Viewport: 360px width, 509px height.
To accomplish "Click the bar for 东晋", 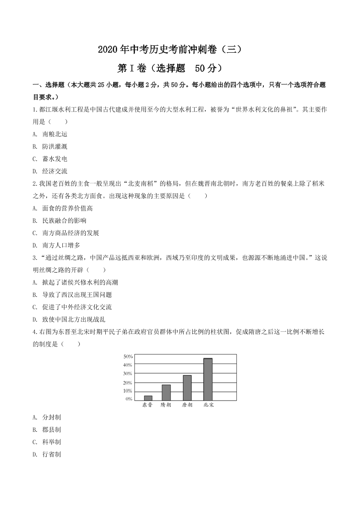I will [x=148, y=398].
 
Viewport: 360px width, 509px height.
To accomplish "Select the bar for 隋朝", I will [x=166, y=392].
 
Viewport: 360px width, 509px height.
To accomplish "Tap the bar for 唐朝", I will [x=187, y=388].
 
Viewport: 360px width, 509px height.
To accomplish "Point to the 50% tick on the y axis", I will [x=128, y=357].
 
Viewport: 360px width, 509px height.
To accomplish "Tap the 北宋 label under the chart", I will [x=209, y=405].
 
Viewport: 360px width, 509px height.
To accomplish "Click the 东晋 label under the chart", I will [x=148, y=405].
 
